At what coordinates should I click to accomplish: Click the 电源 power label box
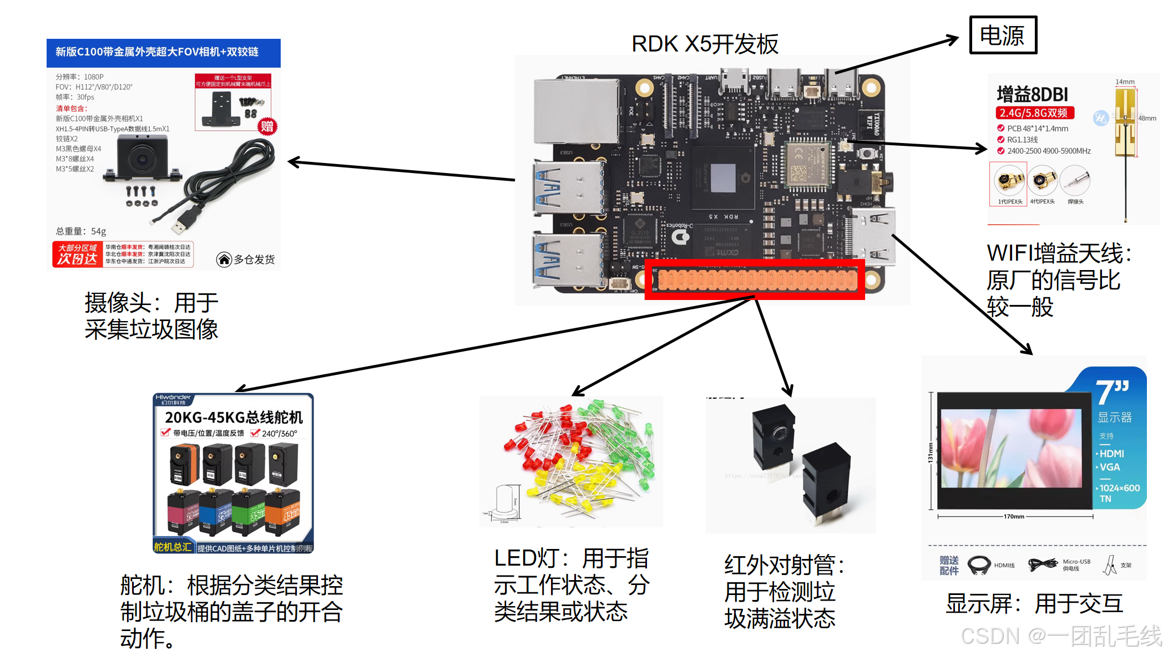click(1003, 35)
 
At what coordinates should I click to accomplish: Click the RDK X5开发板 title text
click(705, 44)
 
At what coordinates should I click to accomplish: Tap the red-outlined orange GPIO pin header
click(755, 279)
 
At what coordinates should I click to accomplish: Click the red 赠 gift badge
click(267, 126)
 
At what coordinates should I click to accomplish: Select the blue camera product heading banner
click(163, 52)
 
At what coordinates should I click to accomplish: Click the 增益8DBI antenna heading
click(1032, 94)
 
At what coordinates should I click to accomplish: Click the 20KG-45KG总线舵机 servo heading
click(234, 417)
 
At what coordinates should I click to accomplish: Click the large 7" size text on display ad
click(1112, 391)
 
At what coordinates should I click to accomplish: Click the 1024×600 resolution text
click(1119, 488)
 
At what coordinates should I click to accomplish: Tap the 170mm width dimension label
click(1014, 516)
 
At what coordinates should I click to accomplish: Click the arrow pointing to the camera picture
click(400, 171)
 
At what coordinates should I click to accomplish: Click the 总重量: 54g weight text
click(80, 231)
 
